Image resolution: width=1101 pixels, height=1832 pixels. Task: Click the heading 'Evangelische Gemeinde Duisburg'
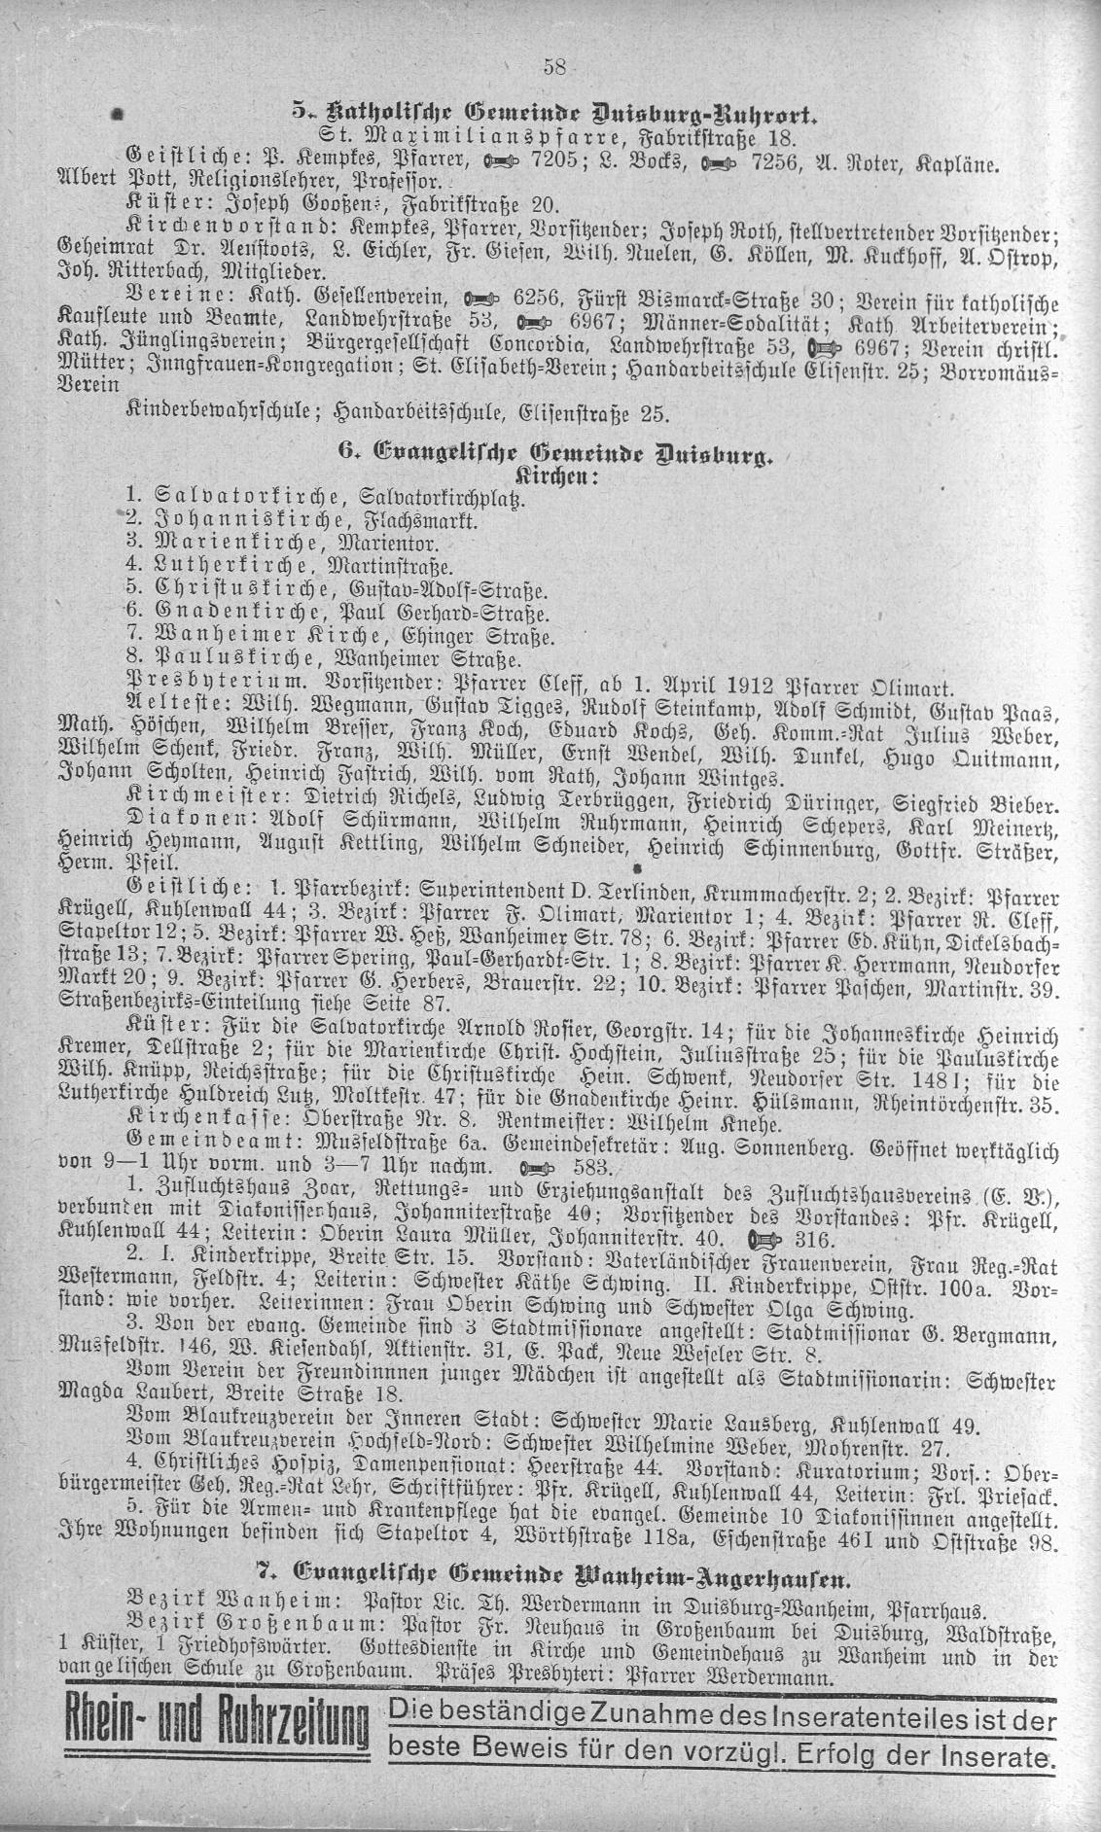point(551,452)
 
